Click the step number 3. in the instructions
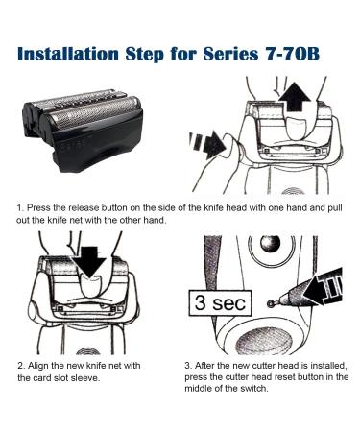click(x=187, y=366)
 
